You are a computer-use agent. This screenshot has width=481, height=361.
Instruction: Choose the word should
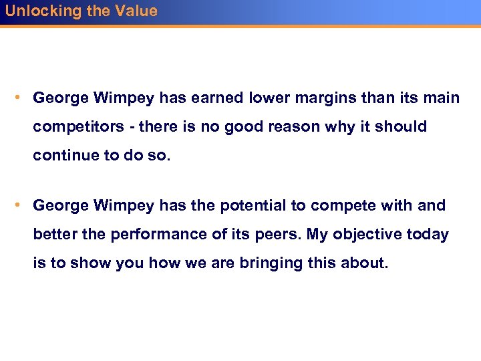click(x=402, y=126)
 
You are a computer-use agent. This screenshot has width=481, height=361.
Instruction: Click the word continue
click(x=65, y=155)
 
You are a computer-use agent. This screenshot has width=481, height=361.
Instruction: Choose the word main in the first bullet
click(x=442, y=98)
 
